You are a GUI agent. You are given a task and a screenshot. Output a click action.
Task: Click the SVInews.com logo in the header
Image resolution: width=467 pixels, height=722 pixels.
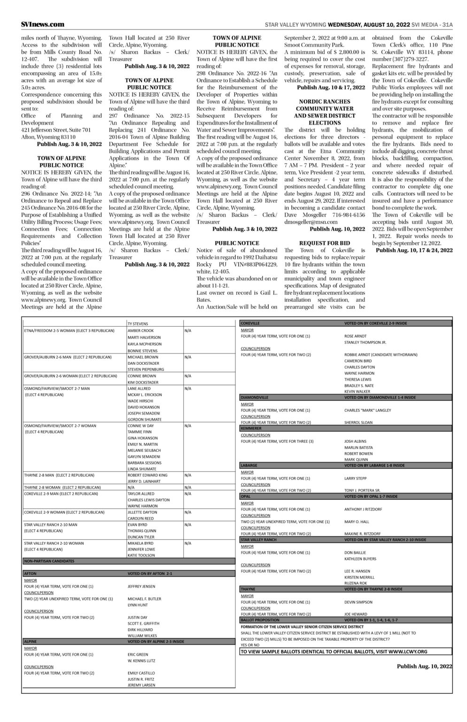[43, 24]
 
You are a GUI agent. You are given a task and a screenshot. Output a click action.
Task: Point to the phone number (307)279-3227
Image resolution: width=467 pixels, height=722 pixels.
[399, 59]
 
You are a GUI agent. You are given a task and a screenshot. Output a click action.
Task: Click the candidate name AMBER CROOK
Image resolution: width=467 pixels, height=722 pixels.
[140, 330]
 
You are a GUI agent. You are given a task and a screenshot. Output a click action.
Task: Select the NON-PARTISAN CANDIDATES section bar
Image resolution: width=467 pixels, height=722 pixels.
[49, 561]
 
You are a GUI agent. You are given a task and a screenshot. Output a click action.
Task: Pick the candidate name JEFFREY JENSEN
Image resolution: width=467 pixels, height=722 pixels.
[141, 586]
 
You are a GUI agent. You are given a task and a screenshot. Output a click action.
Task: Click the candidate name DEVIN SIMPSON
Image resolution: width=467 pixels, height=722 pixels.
[358, 602]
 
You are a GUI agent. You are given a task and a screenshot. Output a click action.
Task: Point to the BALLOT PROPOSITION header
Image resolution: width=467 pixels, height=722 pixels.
[260, 620]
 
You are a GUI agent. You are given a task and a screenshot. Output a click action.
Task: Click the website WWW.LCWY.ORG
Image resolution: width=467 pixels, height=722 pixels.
[408, 651]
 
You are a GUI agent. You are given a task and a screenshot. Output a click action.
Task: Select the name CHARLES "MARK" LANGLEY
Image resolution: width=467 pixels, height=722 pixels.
[367, 410]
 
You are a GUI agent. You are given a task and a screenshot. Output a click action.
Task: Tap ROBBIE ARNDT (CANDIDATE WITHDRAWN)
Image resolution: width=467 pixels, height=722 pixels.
[381, 354]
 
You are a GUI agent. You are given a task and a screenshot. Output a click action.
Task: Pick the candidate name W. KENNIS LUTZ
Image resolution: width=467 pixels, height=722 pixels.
[141, 660]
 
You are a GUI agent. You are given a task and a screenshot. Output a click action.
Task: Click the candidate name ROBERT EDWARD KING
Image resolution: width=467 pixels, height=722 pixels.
[147, 475]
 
